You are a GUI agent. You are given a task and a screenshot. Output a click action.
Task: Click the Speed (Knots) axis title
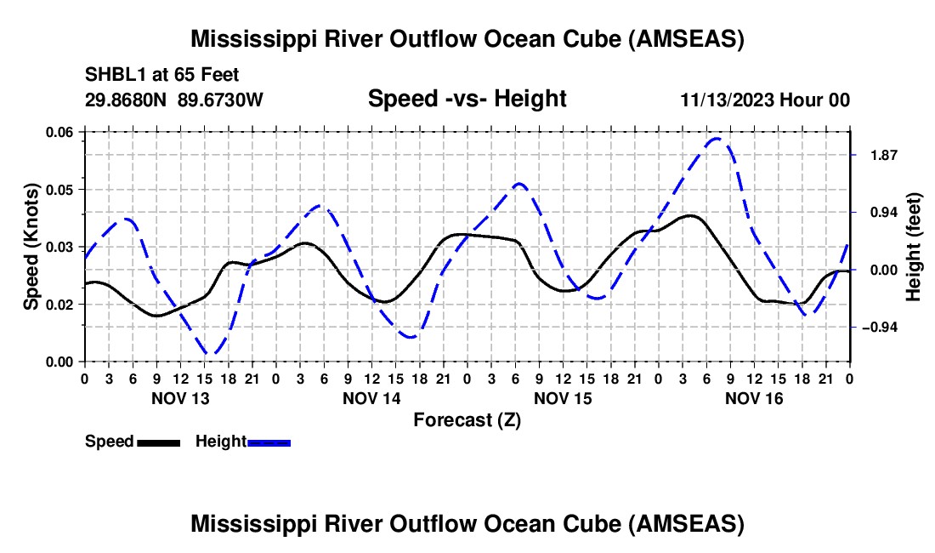31,247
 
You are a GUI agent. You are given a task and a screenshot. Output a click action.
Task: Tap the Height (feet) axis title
914,247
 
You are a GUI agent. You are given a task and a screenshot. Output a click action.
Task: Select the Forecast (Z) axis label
467,419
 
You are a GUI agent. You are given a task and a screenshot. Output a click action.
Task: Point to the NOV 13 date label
179,398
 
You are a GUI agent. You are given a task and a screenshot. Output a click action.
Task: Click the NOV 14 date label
371,398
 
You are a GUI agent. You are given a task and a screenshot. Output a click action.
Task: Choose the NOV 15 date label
563,398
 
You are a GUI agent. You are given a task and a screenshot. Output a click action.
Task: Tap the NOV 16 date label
754,398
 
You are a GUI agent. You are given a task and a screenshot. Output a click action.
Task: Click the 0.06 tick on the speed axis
60,132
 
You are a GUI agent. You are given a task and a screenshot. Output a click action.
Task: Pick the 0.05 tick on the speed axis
60,189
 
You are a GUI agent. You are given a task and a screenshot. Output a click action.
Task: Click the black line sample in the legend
158,442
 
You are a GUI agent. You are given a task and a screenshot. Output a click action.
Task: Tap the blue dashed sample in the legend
269,442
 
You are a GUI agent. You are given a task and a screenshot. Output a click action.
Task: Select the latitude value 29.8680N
127,100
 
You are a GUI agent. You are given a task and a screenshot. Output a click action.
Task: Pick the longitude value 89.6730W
221,100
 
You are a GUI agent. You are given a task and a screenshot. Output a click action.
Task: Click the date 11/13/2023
726,100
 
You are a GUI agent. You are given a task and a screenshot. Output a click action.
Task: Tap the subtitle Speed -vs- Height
467,99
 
